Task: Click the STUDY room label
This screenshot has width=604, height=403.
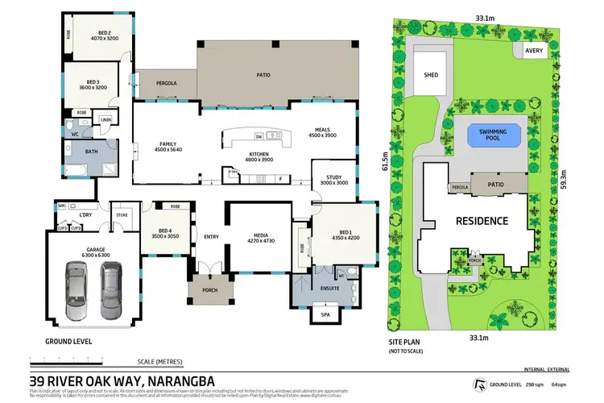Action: [335, 180]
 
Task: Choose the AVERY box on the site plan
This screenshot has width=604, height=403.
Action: [534, 51]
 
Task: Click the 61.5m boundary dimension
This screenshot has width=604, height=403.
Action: [385, 166]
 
